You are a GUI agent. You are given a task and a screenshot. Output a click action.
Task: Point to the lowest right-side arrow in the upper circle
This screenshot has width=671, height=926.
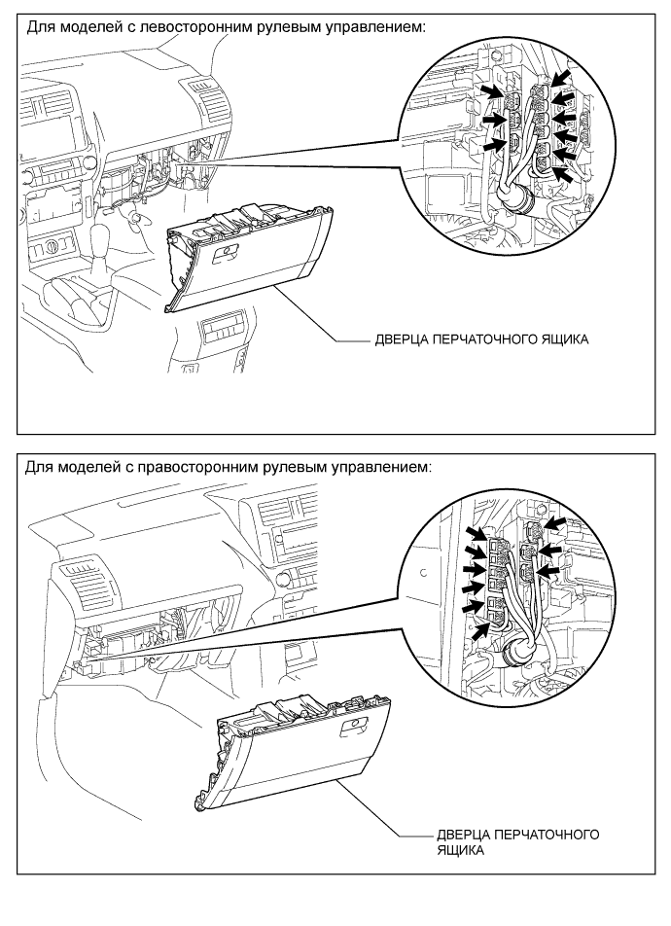point(566,174)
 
